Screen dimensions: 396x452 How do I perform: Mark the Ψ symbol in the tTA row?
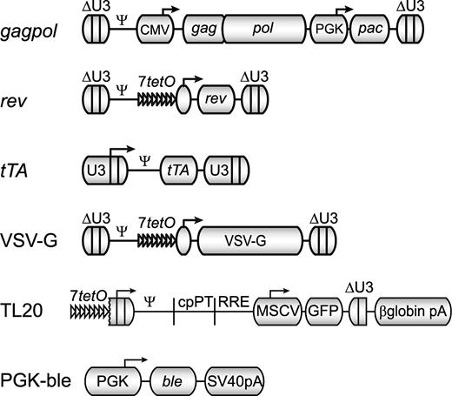tap(145, 149)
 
